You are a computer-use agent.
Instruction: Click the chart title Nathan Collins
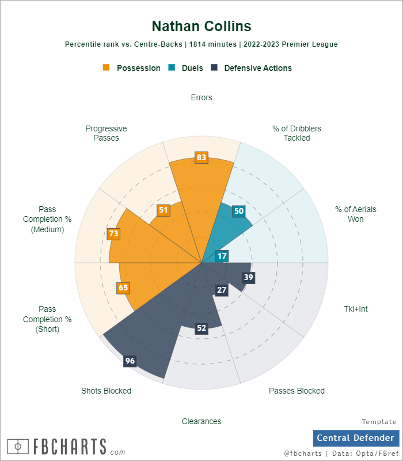click(x=201, y=26)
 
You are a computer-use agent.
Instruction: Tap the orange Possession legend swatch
click(x=106, y=67)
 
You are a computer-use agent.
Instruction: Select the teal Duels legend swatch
click(x=172, y=67)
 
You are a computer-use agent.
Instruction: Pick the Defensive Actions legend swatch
click(x=214, y=67)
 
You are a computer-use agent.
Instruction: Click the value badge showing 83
click(x=201, y=157)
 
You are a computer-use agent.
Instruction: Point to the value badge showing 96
click(x=130, y=361)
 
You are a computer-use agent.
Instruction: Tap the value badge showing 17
click(x=222, y=256)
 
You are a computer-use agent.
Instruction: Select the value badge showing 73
click(x=113, y=233)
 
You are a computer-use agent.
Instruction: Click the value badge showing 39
click(x=249, y=277)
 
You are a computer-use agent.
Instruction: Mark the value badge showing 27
click(x=222, y=290)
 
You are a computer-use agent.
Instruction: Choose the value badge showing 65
click(x=123, y=288)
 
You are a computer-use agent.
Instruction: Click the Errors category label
click(x=201, y=97)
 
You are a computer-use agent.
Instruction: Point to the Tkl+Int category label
click(x=355, y=309)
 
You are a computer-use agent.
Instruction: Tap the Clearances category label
click(x=201, y=421)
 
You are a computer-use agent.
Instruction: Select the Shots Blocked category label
click(x=107, y=391)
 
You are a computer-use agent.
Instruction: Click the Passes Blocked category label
click(x=296, y=391)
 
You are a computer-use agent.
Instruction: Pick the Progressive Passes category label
click(x=106, y=133)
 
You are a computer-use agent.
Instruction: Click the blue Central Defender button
click(x=356, y=438)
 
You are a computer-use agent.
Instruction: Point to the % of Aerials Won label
click(x=355, y=214)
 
